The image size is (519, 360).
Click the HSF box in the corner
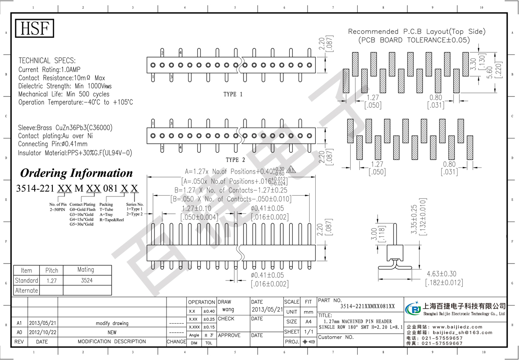coord(35,29)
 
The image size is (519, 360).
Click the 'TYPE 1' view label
coord(233,94)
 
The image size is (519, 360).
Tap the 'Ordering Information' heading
coord(77,173)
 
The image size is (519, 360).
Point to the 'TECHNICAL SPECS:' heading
coord(47,61)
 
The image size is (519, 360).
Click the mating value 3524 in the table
coord(86,280)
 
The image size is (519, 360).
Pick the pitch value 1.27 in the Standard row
coord(51,280)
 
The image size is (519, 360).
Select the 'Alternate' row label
coord(26,290)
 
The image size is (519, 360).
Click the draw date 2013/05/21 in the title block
coord(266,310)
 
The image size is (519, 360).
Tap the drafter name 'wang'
coord(228,310)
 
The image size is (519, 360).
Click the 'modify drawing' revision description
coord(112,323)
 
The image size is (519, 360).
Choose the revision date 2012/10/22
coord(42,332)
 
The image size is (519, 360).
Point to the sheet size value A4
coord(308,321)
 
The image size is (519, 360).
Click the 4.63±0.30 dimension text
coord(441,274)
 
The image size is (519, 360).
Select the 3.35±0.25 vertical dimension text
coord(414,220)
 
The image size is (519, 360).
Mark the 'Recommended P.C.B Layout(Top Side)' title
coord(416,32)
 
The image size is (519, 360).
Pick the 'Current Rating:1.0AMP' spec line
coord(49,69)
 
